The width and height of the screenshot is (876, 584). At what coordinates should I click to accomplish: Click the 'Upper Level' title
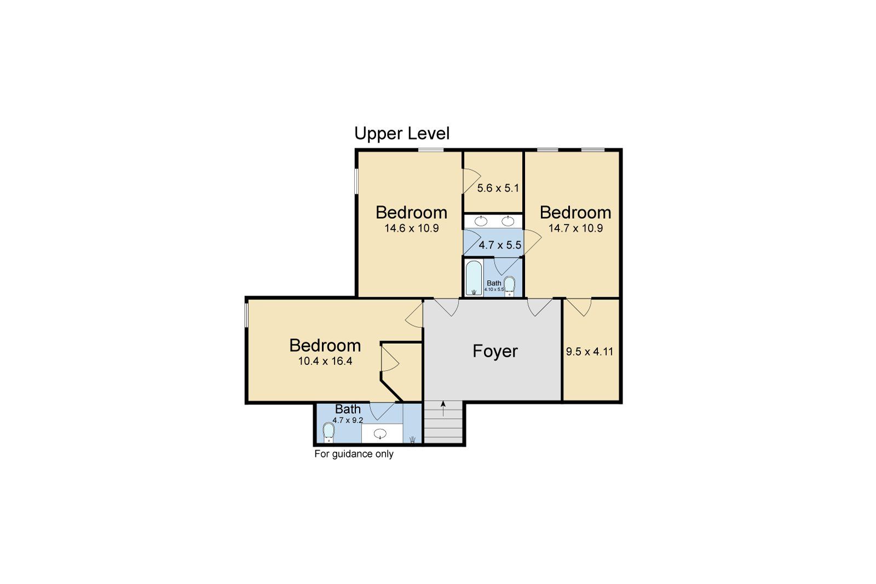402,134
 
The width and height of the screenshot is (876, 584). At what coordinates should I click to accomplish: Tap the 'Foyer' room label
495,351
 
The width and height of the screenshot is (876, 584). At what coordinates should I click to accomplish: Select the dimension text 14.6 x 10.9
412,228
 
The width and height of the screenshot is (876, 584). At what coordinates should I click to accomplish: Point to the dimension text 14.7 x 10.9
576,228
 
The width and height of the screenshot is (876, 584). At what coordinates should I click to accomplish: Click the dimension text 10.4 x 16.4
325,361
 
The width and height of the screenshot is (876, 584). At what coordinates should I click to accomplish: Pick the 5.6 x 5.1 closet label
498,188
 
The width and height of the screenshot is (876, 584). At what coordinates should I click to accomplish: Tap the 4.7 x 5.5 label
500,245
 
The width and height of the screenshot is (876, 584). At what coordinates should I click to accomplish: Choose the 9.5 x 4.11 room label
590,352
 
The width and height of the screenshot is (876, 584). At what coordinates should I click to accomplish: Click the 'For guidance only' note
354,454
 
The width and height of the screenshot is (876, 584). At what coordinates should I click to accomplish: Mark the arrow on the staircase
442,408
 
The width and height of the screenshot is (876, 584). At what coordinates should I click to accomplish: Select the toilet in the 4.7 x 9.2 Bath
328,432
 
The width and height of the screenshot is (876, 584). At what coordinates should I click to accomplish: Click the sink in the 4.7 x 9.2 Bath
380,434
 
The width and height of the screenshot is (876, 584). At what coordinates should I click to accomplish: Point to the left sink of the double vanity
481,221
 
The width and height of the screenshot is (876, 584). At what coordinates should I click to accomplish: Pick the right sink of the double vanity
508,221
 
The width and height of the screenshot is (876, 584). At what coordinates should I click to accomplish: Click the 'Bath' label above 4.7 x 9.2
348,409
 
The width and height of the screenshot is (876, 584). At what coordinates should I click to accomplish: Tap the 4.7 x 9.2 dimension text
348,420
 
